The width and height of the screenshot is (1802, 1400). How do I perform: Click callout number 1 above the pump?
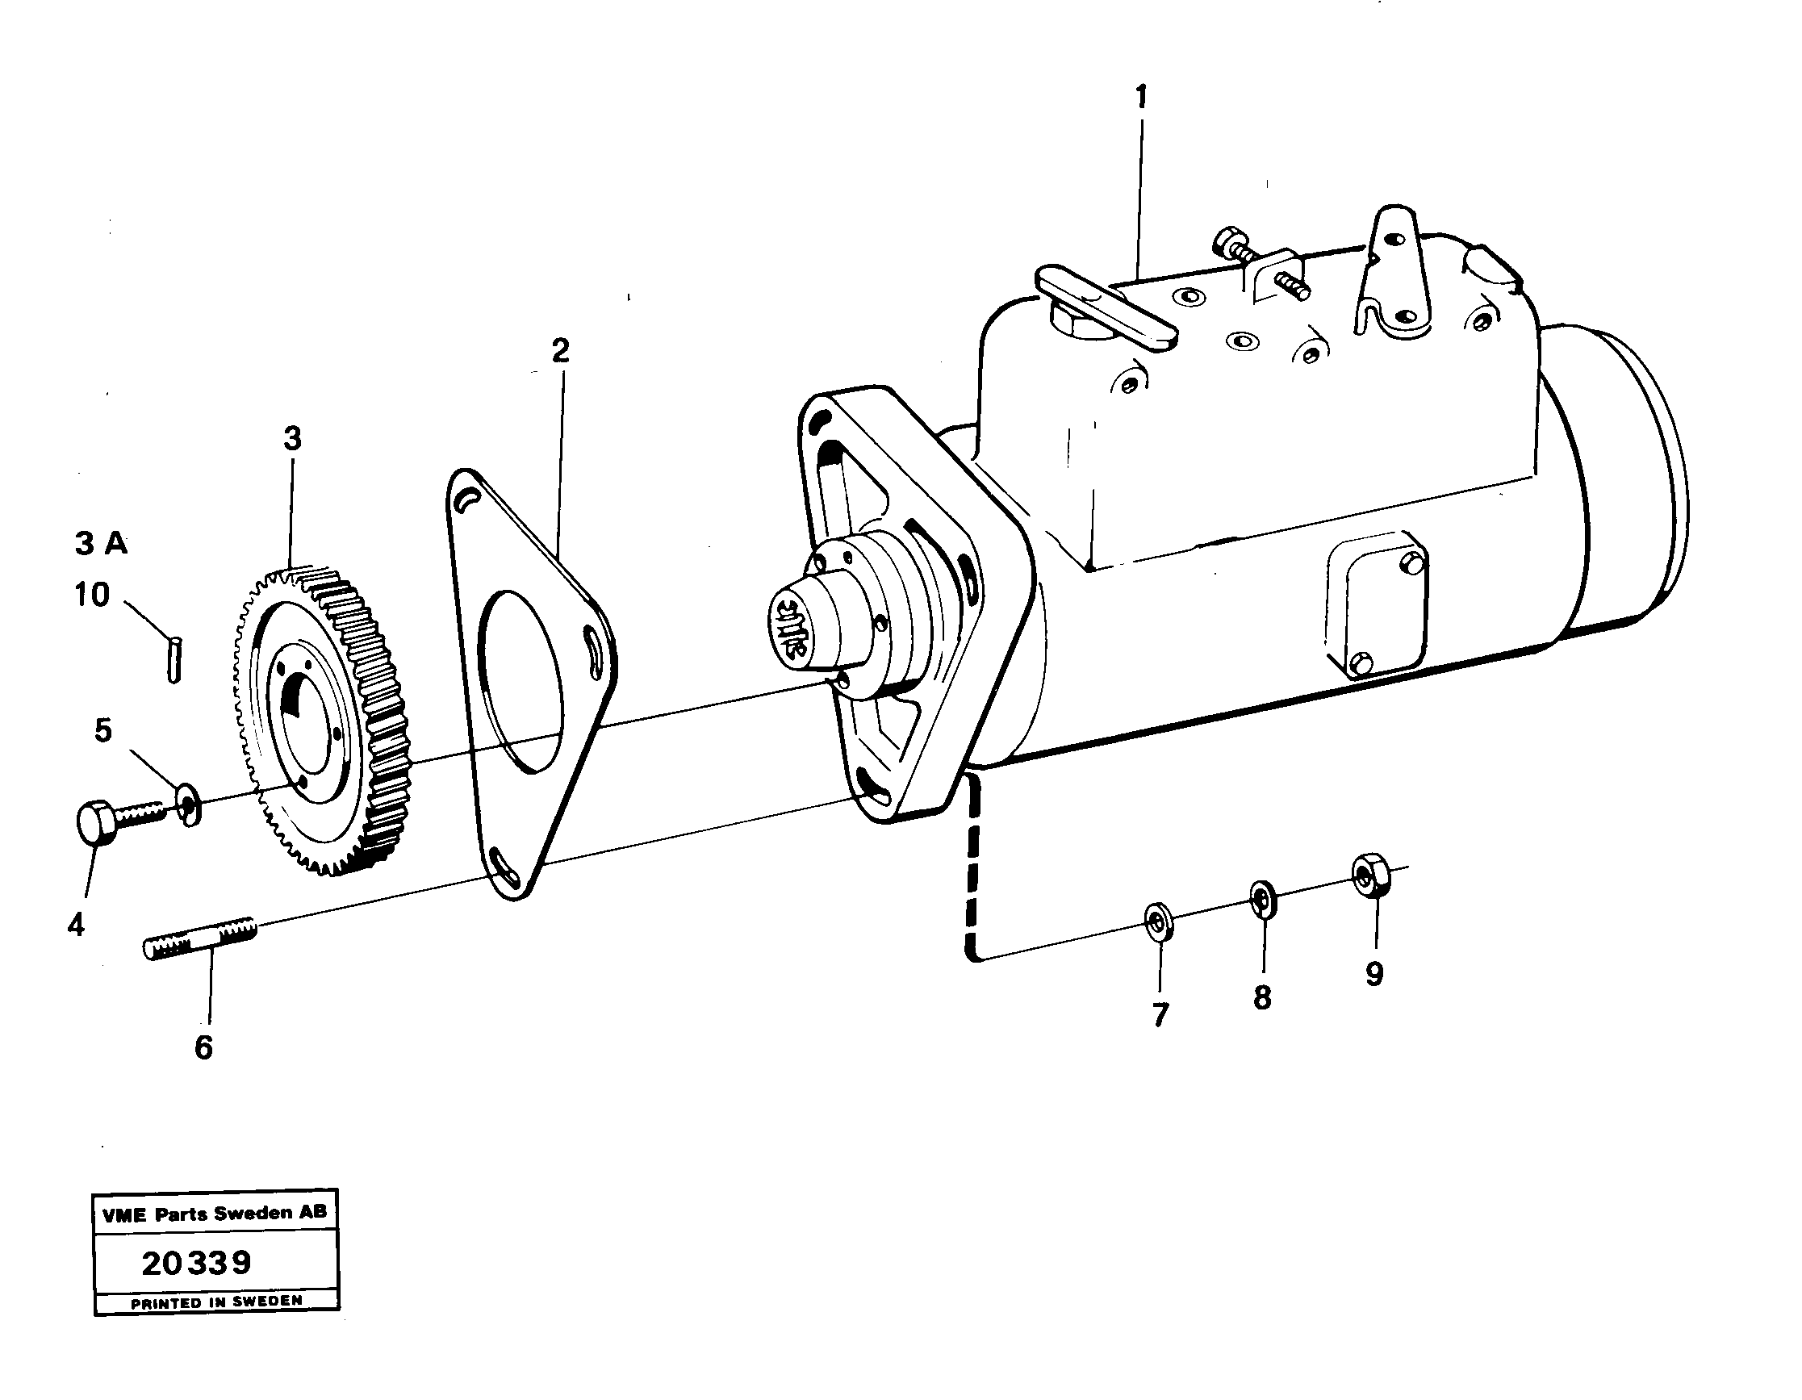click(x=1141, y=98)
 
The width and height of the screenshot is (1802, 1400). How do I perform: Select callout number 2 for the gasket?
click(x=560, y=352)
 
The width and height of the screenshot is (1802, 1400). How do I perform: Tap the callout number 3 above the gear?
click(x=292, y=439)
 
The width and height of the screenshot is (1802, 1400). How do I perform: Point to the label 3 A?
click(x=101, y=544)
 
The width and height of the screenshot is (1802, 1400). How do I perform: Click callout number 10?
click(x=91, y=594)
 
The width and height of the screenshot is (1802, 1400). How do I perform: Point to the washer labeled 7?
click(x=1160, y=921)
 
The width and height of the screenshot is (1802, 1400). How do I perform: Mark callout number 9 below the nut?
click(x=1373, y=974)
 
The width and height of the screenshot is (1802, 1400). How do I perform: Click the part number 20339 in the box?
click(x=196, y=1263)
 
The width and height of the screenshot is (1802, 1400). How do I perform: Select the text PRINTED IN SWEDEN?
click(x=216, y=1301)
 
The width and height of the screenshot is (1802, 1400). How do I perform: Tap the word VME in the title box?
click(x=123, y=1214)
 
